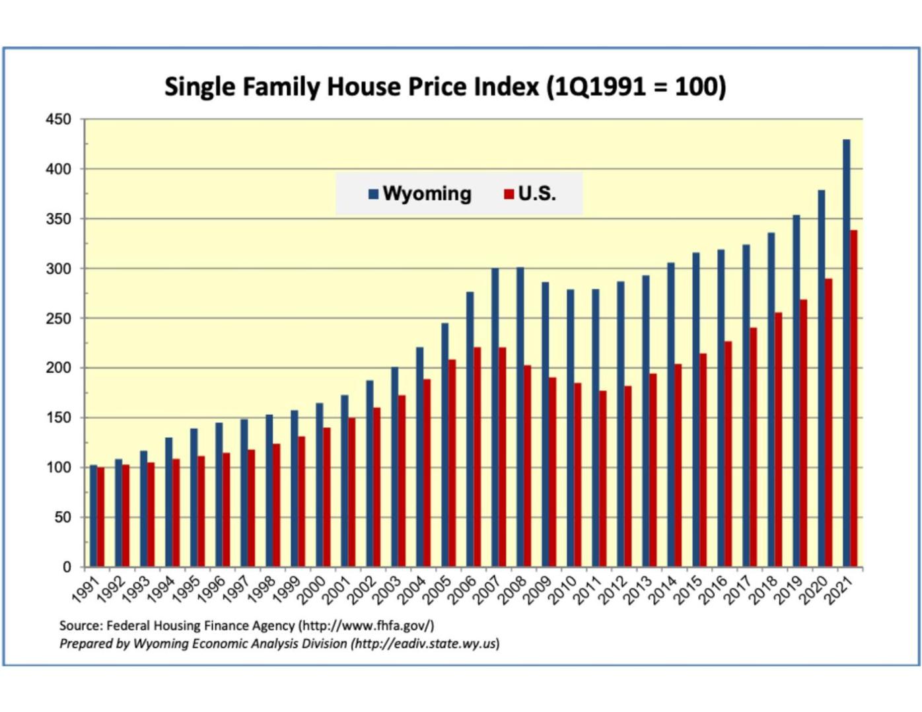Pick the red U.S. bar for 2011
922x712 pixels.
[x=603, y=479]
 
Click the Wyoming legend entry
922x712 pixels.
[x=420, y=194]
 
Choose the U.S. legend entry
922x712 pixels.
[x=530, y=194]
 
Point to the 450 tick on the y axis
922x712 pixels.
[x=58, y=120]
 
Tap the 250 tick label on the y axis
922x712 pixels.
[x=58, y=318]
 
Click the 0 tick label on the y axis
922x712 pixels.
[x=67, y=567]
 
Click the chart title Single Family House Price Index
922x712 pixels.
[x=444, y=87]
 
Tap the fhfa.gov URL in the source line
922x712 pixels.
[x=366, y=625]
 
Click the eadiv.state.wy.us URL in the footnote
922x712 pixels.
[x=425, y=643]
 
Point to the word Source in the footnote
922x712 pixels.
[x=80, y=625]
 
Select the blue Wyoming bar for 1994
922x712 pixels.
[x=168, y=502]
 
